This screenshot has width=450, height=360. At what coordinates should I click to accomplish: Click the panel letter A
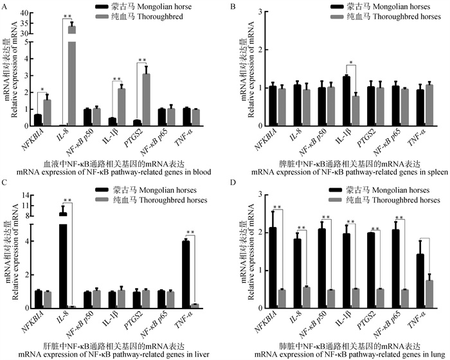6,6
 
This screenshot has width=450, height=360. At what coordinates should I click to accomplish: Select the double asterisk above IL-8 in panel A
67,16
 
